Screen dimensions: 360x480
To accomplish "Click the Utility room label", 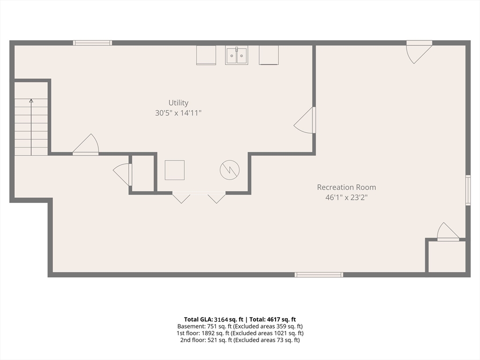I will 178,103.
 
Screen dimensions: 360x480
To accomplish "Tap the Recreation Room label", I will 346,187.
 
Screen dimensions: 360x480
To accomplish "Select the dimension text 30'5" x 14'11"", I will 178,113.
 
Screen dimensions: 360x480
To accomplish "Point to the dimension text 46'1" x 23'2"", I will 346,197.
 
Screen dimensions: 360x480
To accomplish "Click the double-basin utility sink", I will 236,55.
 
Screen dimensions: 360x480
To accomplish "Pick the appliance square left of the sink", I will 206,55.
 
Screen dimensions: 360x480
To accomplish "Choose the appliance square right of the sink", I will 269,55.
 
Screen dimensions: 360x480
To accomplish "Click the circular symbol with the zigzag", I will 230,170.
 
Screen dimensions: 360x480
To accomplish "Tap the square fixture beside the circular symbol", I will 174,170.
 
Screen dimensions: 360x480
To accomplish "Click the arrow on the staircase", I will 31,101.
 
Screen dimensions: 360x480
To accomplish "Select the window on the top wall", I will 92,43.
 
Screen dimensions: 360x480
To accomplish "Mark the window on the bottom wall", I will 319,275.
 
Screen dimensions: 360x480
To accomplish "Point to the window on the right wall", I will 468,190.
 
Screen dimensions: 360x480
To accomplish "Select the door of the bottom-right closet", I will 448,232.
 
